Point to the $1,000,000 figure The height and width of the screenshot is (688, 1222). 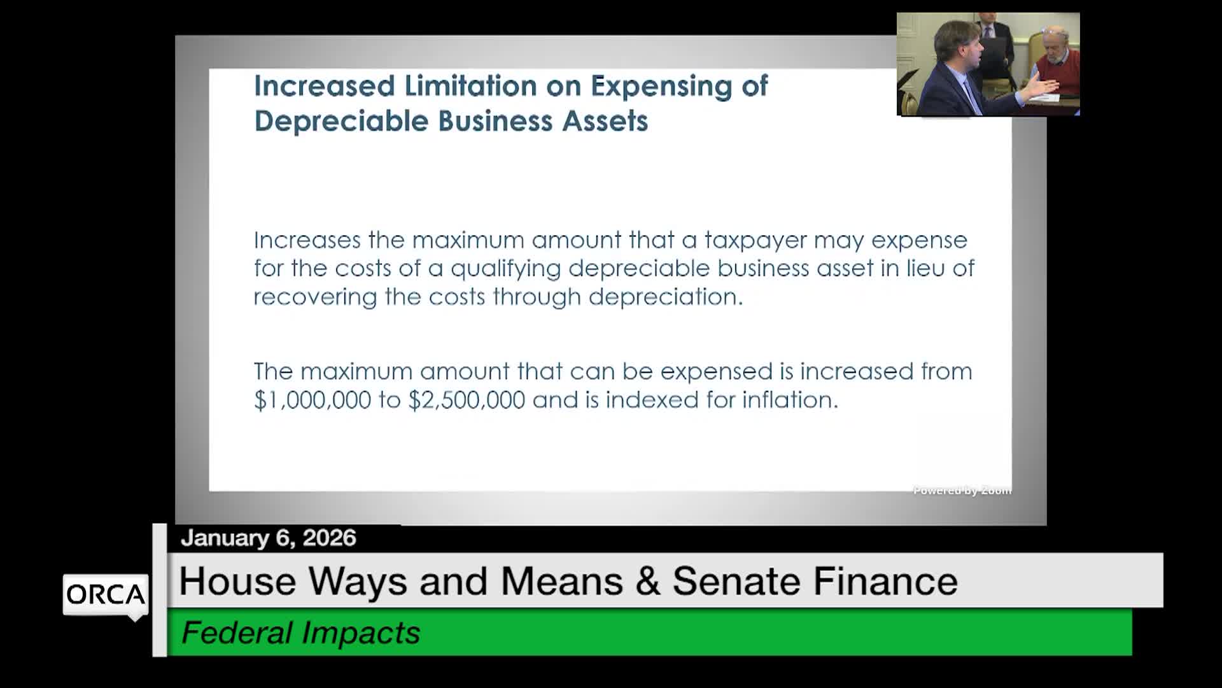[x=313, y=399]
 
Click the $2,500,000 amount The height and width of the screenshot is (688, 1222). [x=467, y=399]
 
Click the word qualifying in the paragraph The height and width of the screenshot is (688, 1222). [x=506, y=269]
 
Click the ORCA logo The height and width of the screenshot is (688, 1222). [x=106, y=595]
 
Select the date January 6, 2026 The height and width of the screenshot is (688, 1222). [x=269, y=538]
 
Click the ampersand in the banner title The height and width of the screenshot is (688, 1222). [x=647, y=581]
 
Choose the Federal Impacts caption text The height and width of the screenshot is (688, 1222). [x=301, y=633]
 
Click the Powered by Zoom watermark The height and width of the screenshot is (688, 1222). [x=962, y=490]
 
